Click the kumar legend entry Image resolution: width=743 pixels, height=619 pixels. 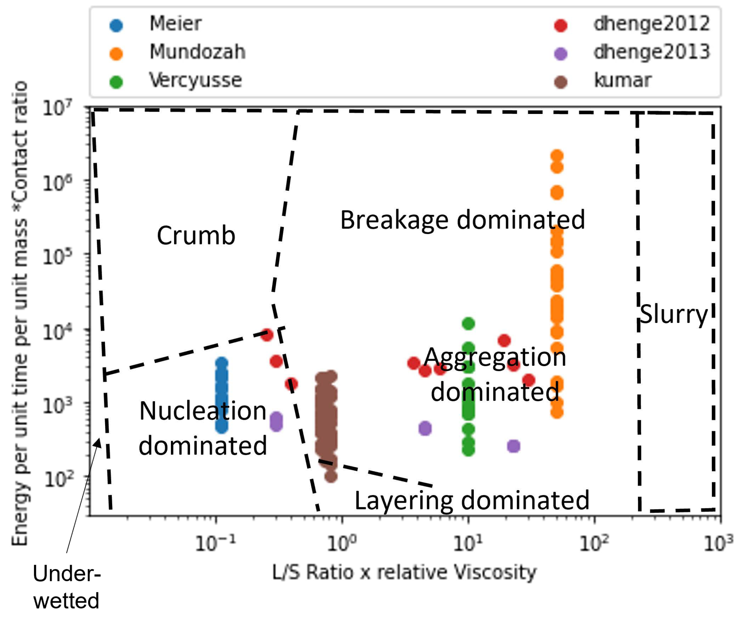622,80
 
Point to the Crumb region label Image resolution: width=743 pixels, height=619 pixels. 196,235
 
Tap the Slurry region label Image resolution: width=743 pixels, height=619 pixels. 674,314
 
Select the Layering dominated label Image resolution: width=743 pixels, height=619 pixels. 472,501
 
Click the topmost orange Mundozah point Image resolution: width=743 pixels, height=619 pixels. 557,156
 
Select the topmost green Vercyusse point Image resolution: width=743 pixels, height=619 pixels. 468,323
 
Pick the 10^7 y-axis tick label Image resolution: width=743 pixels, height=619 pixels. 57,108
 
